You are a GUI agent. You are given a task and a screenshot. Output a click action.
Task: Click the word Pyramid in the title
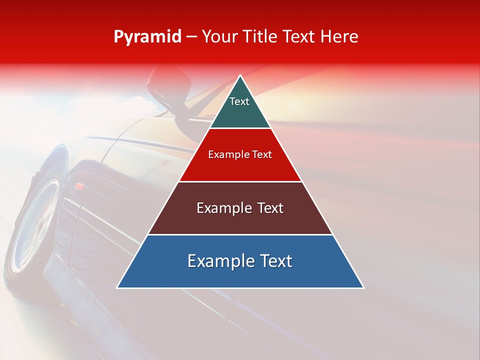click(x=147, y=37)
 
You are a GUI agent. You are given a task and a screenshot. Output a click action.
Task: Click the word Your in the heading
click(x=219, y=36)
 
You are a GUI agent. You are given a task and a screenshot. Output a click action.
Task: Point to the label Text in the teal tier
click(x=239, y=101)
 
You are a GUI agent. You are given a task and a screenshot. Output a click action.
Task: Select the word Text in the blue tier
click(x=276, y=261)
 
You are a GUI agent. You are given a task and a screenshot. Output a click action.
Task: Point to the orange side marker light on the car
click(x=79, y=187)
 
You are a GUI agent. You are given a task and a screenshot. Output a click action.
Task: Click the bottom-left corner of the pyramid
click(x=117, y=287)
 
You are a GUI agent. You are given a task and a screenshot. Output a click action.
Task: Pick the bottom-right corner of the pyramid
click(x=363, y=287)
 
